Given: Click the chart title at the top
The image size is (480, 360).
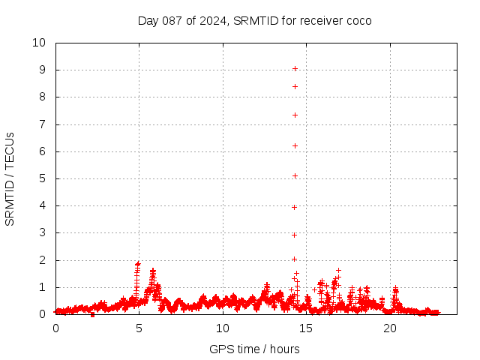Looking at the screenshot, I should (254, 20).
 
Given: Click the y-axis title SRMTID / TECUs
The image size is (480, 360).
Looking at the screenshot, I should (10, 178).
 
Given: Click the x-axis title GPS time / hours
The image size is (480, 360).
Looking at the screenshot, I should (254, 349).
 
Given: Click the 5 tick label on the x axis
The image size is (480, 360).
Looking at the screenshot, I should (139, 328).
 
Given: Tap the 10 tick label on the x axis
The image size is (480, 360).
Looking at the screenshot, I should (223, 328).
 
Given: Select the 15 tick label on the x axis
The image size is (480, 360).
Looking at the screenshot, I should (306, 328).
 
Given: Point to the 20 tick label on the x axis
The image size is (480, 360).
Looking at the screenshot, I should (389, 328).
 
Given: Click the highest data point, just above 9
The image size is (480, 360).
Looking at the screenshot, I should (295, 68).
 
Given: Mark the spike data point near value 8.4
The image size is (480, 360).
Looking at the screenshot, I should (295, 86).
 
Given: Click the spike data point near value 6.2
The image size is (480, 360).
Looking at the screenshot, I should (295, 145).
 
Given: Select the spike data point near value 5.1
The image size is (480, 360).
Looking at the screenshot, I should (295, 175).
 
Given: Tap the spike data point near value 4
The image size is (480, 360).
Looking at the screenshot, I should (295, 207).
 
